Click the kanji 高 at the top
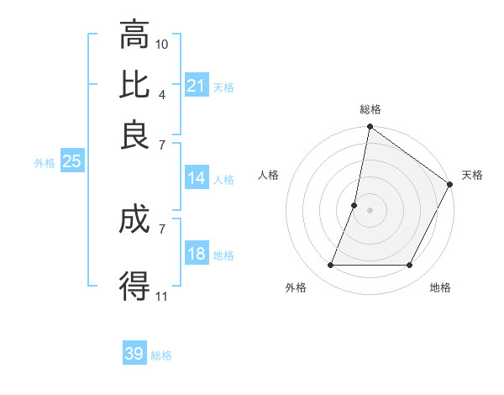134,35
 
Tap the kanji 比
134,83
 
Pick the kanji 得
134,285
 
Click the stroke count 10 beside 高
162,44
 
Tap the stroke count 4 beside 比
162,93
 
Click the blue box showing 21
197,86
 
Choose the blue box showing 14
197,178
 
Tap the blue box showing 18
197,255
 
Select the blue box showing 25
71,161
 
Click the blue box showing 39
134,354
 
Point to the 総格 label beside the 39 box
161,355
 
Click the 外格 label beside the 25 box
44,163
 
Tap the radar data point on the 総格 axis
370,128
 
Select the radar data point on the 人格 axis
354,205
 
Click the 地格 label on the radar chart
440,288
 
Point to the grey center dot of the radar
370,210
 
